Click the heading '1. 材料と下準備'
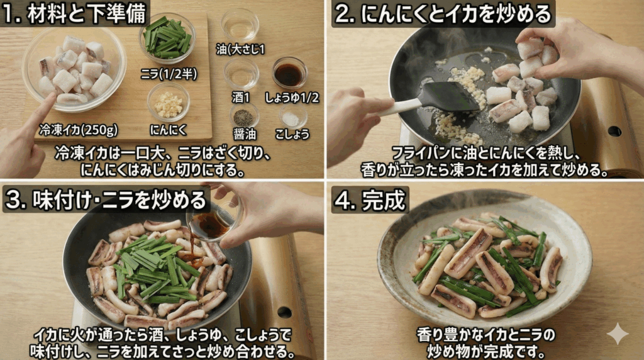point(74,14)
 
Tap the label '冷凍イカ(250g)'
point(78,130)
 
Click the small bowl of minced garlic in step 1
point(168,102)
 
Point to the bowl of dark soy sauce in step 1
point(289,74)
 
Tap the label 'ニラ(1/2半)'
point(168,74)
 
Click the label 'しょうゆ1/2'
point(292,98)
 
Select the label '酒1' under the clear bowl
point(241,98)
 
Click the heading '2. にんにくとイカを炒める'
point(443,14)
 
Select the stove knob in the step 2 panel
point(614,131)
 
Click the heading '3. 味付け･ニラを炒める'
point(106,199)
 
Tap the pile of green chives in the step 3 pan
point(151,267)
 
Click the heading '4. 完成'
point(370,199)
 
